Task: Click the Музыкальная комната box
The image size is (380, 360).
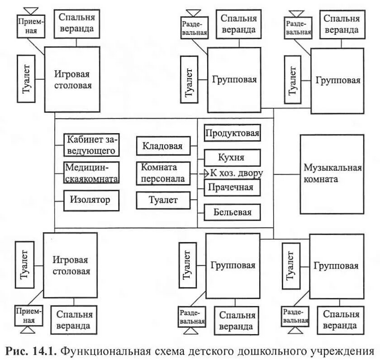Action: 332,173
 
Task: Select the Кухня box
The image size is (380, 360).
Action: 232,158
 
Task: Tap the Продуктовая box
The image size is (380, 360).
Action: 232,133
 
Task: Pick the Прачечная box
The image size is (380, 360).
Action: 232,187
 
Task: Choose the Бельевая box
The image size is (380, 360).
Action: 232,212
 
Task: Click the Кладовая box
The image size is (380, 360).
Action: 163,146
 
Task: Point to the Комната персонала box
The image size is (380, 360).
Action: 163,173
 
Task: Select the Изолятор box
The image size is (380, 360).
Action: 91,199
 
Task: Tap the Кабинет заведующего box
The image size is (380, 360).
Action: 92,145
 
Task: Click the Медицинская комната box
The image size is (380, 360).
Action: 92,173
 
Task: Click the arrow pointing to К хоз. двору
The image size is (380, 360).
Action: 202,173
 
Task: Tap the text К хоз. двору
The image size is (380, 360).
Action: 236,173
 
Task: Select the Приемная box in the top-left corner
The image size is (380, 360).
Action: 31,26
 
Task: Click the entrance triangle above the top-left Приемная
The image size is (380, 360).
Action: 31,11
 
